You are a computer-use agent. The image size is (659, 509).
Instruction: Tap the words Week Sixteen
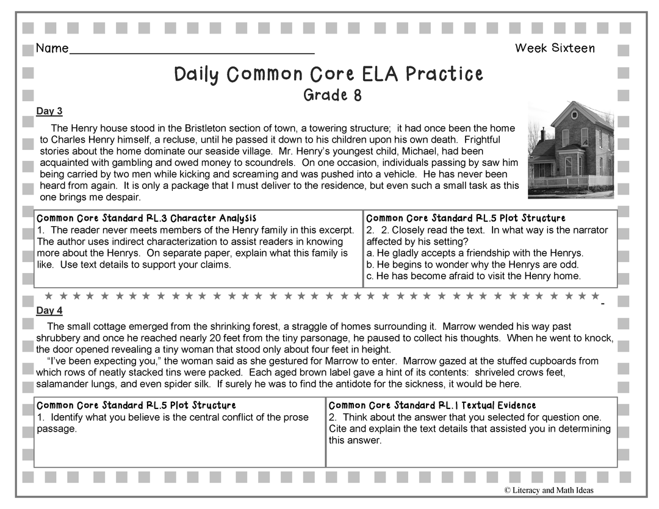point(554,48)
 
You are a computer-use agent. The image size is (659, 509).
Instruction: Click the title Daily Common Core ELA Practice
point(328,74)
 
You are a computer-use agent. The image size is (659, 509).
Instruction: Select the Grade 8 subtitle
point(332,95)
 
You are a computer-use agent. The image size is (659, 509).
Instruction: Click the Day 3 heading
point(49,111)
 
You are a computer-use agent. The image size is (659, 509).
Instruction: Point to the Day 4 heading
point(49,311)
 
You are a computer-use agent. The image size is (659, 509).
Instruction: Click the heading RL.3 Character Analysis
point(146,218)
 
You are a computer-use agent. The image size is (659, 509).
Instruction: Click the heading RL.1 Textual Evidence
point(432,405)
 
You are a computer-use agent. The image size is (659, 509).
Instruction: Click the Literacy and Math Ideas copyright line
point(549,490)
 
